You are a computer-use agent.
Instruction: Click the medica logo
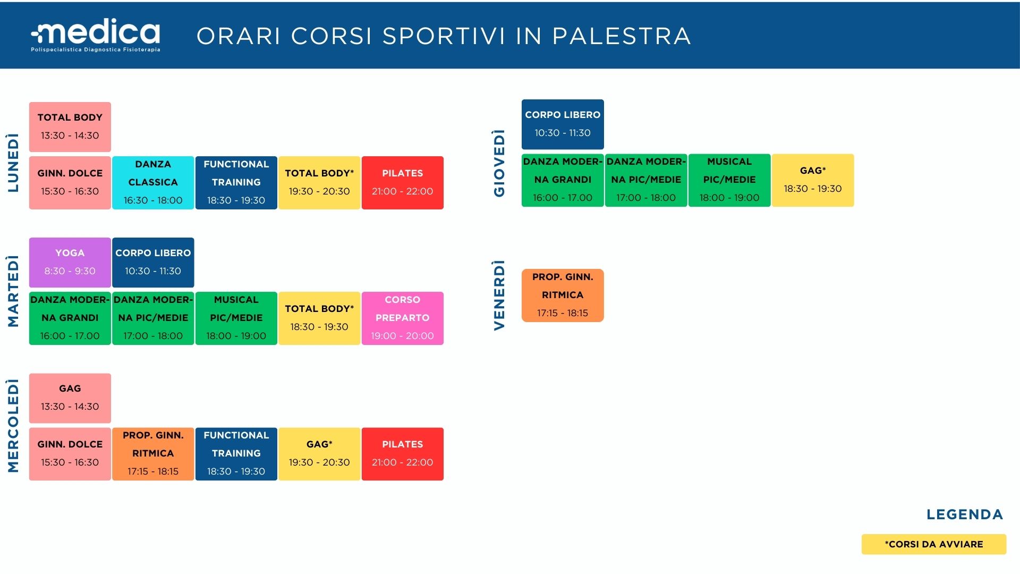(x=96, y=35)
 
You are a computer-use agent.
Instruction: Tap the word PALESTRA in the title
(x=622, y=36)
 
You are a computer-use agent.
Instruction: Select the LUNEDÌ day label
(x=13, y=163)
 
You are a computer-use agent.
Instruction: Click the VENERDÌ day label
(x=499, y=295)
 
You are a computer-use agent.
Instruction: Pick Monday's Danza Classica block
(x=153, y=182)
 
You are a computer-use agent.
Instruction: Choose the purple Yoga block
(x=70, y=262)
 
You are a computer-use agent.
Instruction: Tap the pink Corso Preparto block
(x=403, y=318)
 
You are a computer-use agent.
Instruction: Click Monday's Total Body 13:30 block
(x=70, y=126)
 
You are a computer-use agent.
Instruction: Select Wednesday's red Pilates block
(x=403, y=454)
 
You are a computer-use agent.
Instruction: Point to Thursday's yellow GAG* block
(x=813, y=180)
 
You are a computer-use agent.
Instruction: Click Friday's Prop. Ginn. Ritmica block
(x=563, y=295)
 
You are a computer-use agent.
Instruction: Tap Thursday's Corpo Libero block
(x=563, y=124)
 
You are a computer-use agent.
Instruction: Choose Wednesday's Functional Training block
(x=236, y=454)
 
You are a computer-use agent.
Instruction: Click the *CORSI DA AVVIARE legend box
(x=934, y=544)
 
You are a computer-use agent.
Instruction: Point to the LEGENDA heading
(x=965, y=514)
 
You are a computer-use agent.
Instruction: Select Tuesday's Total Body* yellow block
(x=319, y=318)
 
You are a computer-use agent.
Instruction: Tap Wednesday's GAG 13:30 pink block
(x=70, y=398)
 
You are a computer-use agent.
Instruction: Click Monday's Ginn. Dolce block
(x=70, y=182)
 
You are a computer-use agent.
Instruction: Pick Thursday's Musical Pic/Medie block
(x=729, y=180)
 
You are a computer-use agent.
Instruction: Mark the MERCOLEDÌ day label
(x=13, y=425)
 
